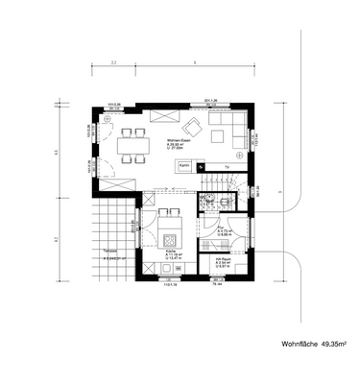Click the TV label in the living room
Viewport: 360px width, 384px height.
point(227,166)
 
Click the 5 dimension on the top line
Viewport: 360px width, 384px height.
point(195,62)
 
